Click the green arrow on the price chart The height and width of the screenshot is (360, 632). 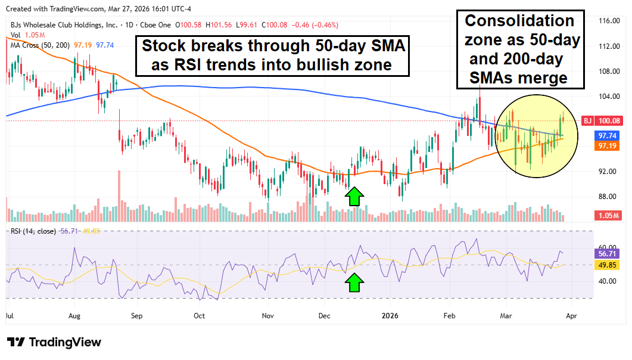(354, 196)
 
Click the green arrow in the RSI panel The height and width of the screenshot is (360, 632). (354, 283)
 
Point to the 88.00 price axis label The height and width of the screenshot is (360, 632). (607, 197)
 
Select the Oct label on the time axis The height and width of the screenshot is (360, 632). (199, 315)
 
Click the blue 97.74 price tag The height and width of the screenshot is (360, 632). (608, 136)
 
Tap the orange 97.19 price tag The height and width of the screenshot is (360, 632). (608, 146)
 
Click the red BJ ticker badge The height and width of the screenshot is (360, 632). (587, 121)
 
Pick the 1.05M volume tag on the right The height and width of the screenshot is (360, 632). (608, 216)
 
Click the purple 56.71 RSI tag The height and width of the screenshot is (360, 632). (608, 253)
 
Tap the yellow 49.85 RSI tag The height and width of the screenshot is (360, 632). (608, 265)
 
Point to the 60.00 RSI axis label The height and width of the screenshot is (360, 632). (607, 247)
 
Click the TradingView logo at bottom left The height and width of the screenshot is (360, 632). (54, 342)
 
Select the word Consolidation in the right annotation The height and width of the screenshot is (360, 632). (519, 21)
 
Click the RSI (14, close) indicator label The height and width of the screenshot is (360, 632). (33, 231)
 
